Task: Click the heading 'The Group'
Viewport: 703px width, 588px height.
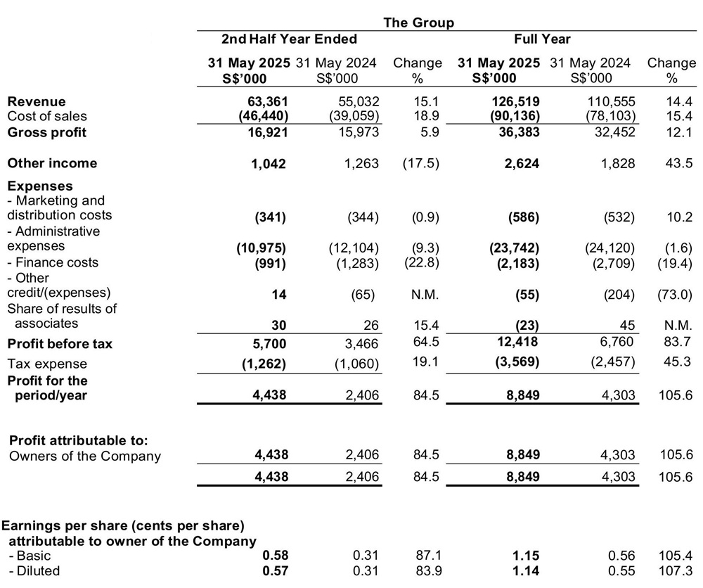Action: [x=418, y=23]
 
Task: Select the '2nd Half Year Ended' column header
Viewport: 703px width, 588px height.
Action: [x=289, y=39]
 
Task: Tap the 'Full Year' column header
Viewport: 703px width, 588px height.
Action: [x=542, y=39]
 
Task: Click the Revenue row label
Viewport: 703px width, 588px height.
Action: [x=36, y=102]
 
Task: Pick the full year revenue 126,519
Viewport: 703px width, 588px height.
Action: [x=512, y=102]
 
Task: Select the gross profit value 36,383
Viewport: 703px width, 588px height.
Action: [x=518, y=132]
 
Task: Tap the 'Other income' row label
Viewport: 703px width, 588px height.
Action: [x=52, y=163]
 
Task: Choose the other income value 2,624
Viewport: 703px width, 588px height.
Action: [x=522, y=163]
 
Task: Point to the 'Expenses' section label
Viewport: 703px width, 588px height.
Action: [x=39, y=186]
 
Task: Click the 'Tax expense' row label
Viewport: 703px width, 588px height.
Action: [x=47, y=364]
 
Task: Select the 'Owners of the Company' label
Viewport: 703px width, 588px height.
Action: [x=85, y=456]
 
